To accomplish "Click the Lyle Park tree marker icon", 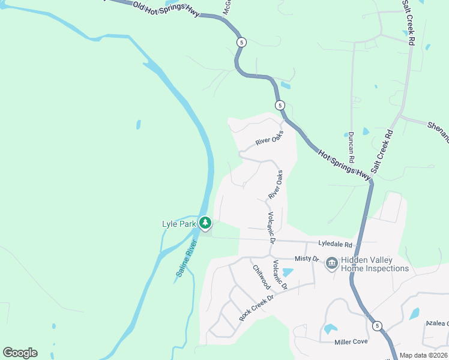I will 205,224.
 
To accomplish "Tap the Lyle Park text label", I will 179,224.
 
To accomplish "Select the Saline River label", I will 187,259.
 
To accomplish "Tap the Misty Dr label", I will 306,258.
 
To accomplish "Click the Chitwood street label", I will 262,278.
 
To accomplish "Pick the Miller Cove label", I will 351,341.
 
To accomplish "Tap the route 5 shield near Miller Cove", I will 376,326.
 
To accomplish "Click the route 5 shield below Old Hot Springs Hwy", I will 241,42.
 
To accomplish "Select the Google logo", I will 20,353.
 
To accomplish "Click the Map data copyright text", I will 423,355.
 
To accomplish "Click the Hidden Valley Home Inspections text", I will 375,264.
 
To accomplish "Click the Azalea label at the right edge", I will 437,323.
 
